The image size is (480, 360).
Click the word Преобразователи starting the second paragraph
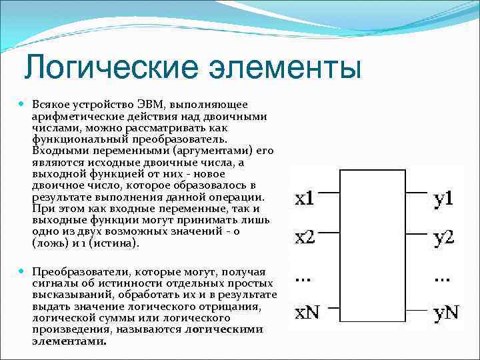coord(77,272)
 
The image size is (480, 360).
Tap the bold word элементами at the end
coord(69,341)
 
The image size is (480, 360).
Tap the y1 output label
coord(443,198)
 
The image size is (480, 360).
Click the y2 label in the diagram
coord(443,237)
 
